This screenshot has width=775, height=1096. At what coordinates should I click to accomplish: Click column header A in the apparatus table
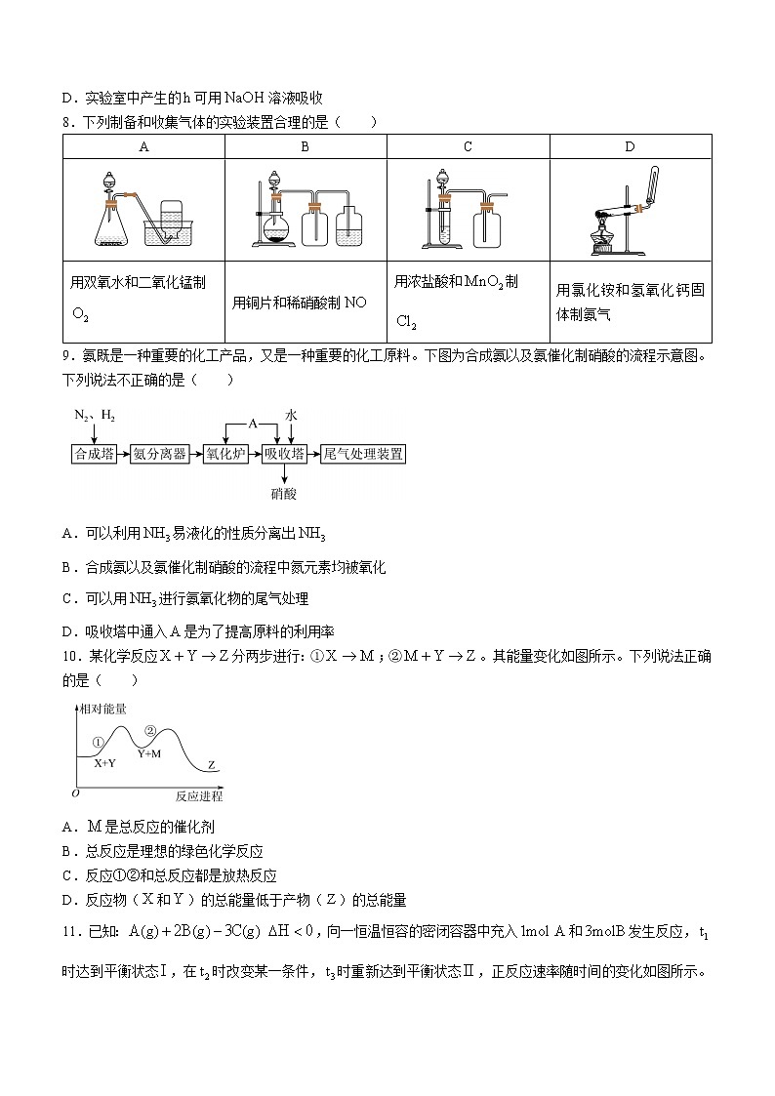pos(144,147)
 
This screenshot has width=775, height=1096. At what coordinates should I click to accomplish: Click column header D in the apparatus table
pos(630,147)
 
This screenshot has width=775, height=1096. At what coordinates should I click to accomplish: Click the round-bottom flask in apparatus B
pos(277,230)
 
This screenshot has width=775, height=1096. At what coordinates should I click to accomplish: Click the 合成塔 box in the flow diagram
pos(95,454)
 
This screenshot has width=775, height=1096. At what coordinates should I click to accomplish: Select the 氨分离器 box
pos(160,454)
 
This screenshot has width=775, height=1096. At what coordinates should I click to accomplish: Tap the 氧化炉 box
pos(225,454)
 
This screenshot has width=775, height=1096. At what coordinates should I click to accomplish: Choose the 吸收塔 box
pos(284,454)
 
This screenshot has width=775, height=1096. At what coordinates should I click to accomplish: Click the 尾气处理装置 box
pos(363,454)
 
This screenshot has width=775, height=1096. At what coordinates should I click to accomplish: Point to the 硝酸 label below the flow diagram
pos(284,494)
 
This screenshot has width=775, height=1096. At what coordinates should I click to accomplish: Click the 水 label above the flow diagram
pos(291,415)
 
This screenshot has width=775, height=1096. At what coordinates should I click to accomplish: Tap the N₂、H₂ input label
pos(95,416)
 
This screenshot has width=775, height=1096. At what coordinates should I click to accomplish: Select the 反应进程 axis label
pos(199,796)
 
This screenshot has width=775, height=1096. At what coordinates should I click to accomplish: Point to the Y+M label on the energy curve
pos(149,753)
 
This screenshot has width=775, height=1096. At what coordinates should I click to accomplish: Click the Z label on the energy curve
pos(212,765)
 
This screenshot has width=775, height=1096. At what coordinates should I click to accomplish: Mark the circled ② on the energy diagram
pos(149,730)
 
